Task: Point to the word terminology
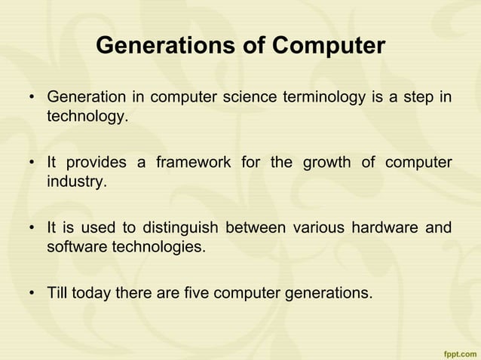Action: click(328, 99)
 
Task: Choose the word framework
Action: click(192, 163)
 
